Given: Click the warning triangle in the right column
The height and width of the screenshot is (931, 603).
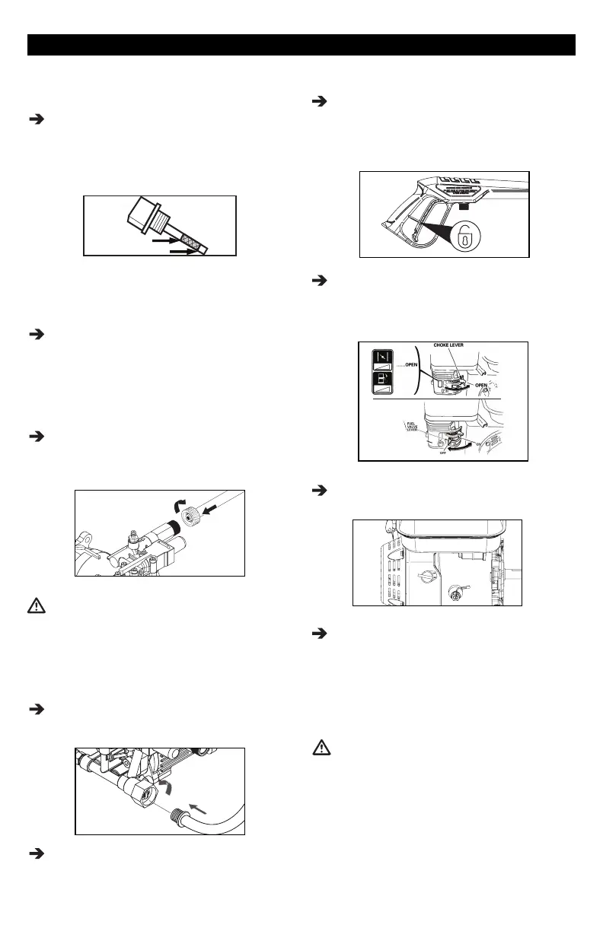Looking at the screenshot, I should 323,748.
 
